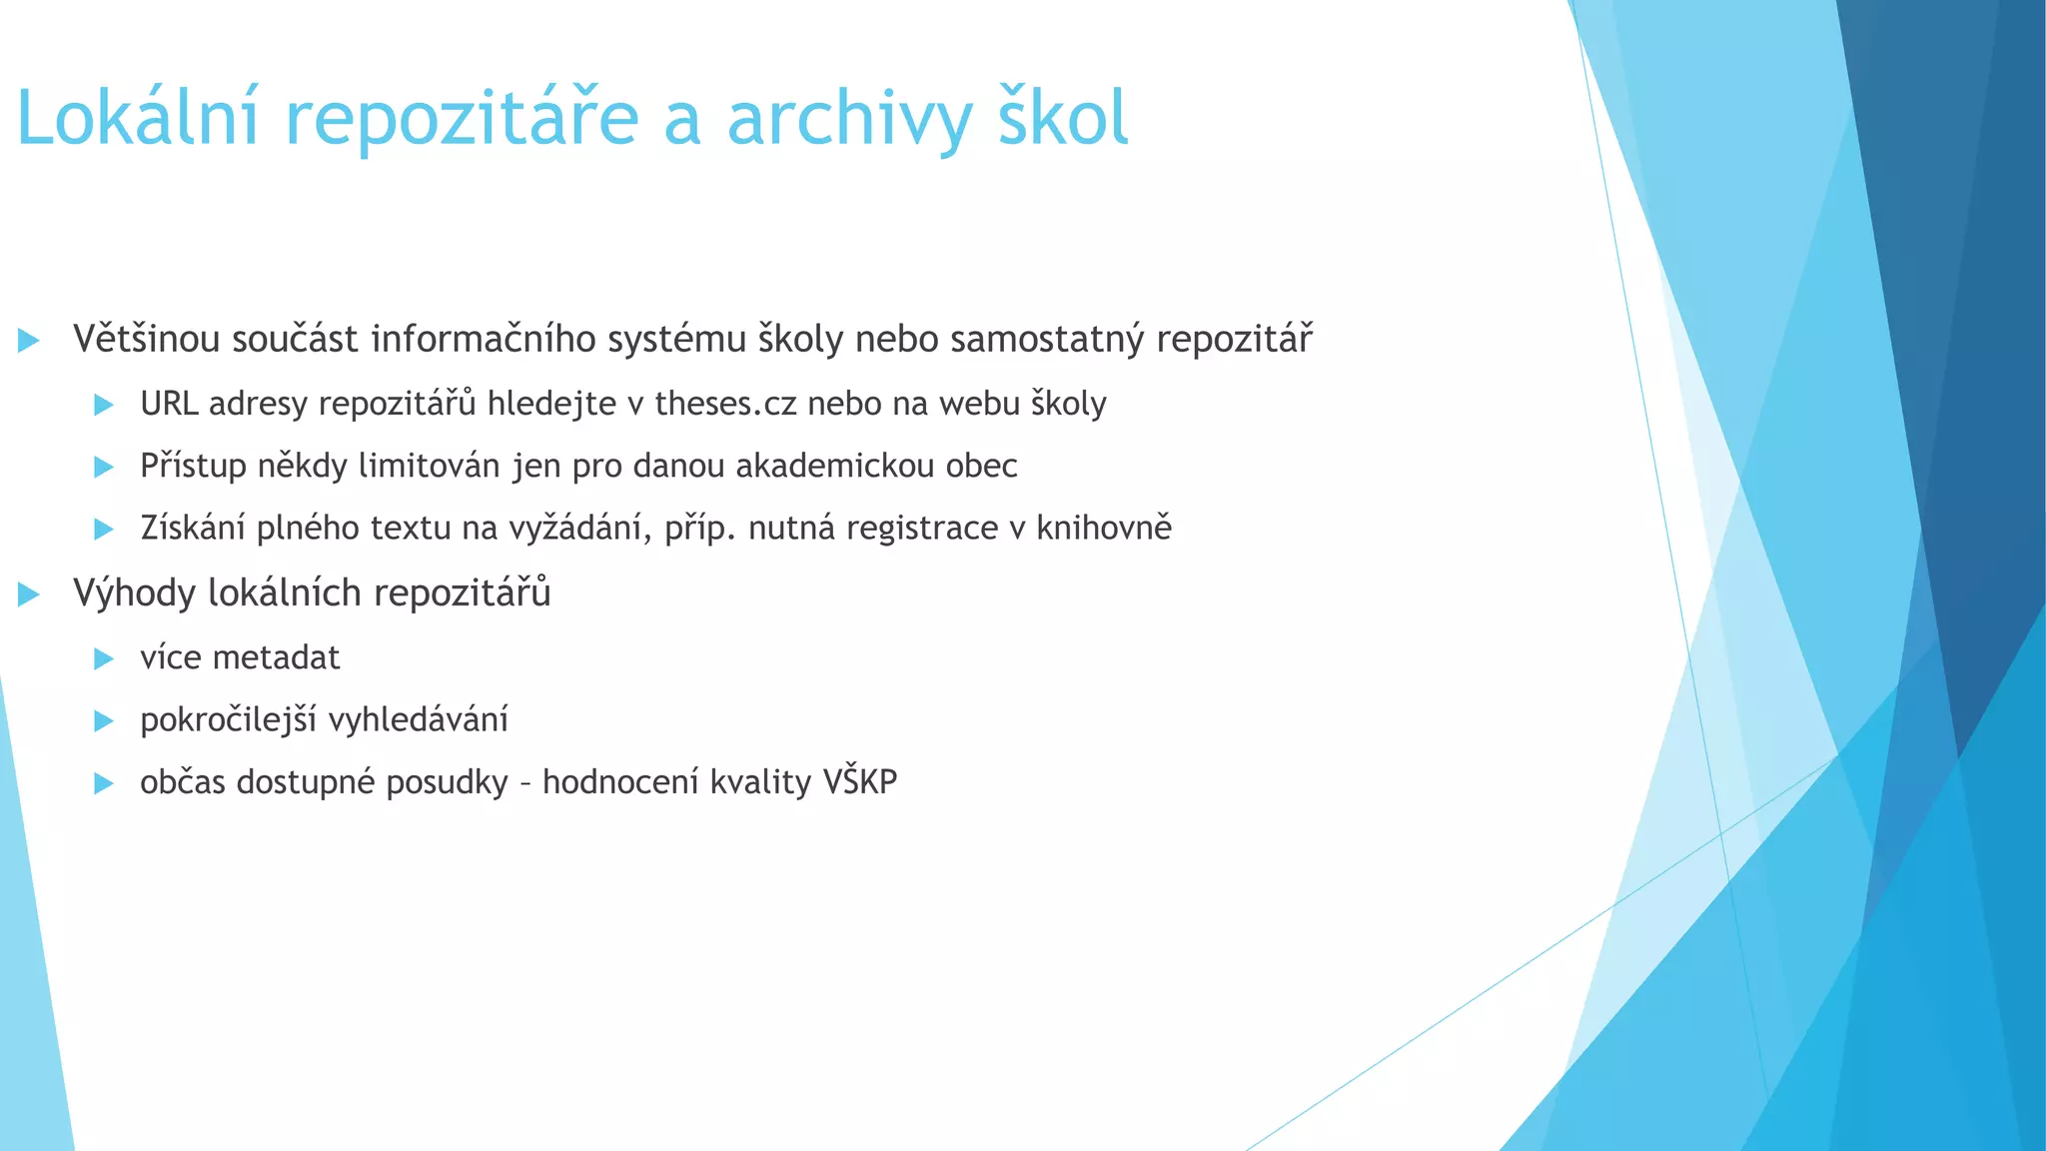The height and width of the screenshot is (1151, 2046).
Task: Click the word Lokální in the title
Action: click(x=138, y=118)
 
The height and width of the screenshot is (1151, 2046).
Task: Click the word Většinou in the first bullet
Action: click(x=146, y=340)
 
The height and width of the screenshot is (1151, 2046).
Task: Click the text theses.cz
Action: click(x=725, y=404)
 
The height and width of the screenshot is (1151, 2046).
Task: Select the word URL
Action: click(x=170, y=404)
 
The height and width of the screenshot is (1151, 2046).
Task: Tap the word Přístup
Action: click(x=193, y=467)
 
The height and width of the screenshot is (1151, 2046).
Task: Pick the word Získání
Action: click(x=193, y=529)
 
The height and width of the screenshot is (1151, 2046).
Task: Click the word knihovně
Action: click(x=1103, y=529)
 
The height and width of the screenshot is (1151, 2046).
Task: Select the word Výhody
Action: click(x=135, y=593)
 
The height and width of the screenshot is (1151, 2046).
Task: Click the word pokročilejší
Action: click(x=229, y=720)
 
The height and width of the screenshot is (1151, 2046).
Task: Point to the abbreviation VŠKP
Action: click(x=860, y=781)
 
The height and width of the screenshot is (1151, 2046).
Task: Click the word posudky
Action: click(x=447, y=782)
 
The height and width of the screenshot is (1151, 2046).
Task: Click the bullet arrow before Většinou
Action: click(x=29, y=341)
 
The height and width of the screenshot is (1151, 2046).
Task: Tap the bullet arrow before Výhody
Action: click(x=29, y=594)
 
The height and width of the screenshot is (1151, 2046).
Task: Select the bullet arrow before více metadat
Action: click(x=104, y=658)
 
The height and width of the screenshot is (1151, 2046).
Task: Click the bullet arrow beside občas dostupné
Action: click(x=104, y=783)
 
